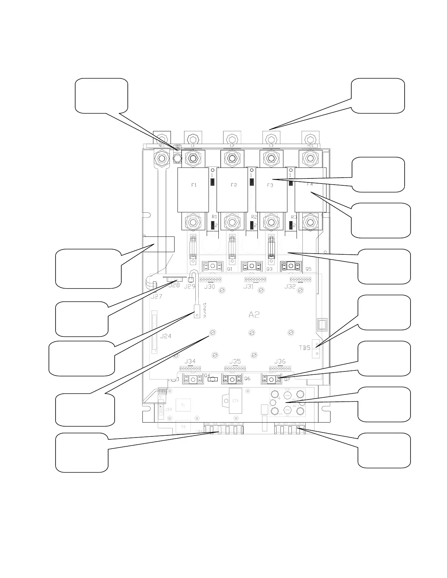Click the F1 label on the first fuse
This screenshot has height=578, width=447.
coord(194,185)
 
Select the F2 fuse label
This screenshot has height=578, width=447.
coord(234,185)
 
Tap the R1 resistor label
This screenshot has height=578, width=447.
coord(214,217)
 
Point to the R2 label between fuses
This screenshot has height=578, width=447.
coord(254,217)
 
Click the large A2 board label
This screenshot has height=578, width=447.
coord(254,315)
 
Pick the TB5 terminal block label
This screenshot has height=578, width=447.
coord(305,348)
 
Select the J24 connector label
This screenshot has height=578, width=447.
coord(166,336)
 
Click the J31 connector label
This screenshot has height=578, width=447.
coord(248,286)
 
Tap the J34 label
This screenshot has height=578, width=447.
coord(190,361)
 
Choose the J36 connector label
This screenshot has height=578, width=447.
coord(280,361)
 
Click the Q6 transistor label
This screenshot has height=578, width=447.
coord(247,379)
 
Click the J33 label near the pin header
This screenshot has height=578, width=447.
coord(169,409)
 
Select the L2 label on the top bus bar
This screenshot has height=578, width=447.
coord(232,146)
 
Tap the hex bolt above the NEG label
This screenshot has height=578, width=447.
coord(161,139)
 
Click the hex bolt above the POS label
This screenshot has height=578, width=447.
coord(310,139)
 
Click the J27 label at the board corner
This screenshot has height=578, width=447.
coord(156,297)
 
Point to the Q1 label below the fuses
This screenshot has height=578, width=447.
coord(230,269)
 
